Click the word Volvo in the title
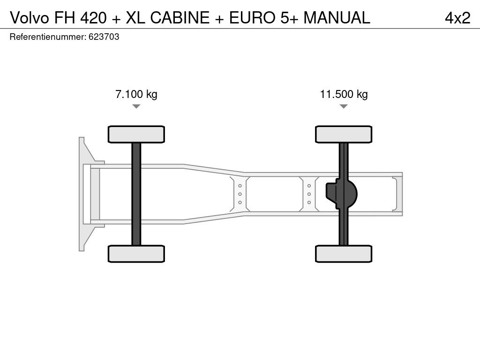tap(30, 18)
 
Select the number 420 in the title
tap(94, 18)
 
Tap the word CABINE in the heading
tap(180, 18)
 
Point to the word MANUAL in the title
tap(337, 18)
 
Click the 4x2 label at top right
tap(457, 18)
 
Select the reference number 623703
tap(104, 37)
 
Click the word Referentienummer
tap(48, 37)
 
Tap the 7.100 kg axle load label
tap(136, 94)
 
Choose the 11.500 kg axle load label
tap(344, 94)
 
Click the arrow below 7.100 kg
tap(136, 106)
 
